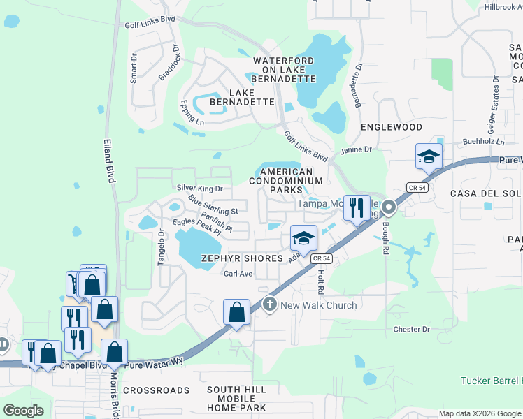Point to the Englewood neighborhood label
pos(392,127)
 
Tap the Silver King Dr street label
pos(199,188)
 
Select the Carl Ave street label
pos(238,274)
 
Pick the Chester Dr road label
pos(410,329)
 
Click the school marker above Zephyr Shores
pos(303,239)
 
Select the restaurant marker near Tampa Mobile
pos(357,208)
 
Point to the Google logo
pos(23,411)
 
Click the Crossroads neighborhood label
pos(156,390)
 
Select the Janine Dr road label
pos(356,149)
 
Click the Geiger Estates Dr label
pos(494,115)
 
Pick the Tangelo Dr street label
pos(160,244)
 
